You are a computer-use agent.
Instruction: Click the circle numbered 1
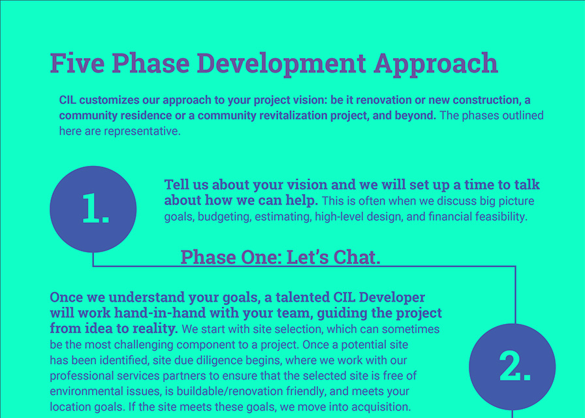pos(93,209)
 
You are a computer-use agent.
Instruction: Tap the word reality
pos(155,328)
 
